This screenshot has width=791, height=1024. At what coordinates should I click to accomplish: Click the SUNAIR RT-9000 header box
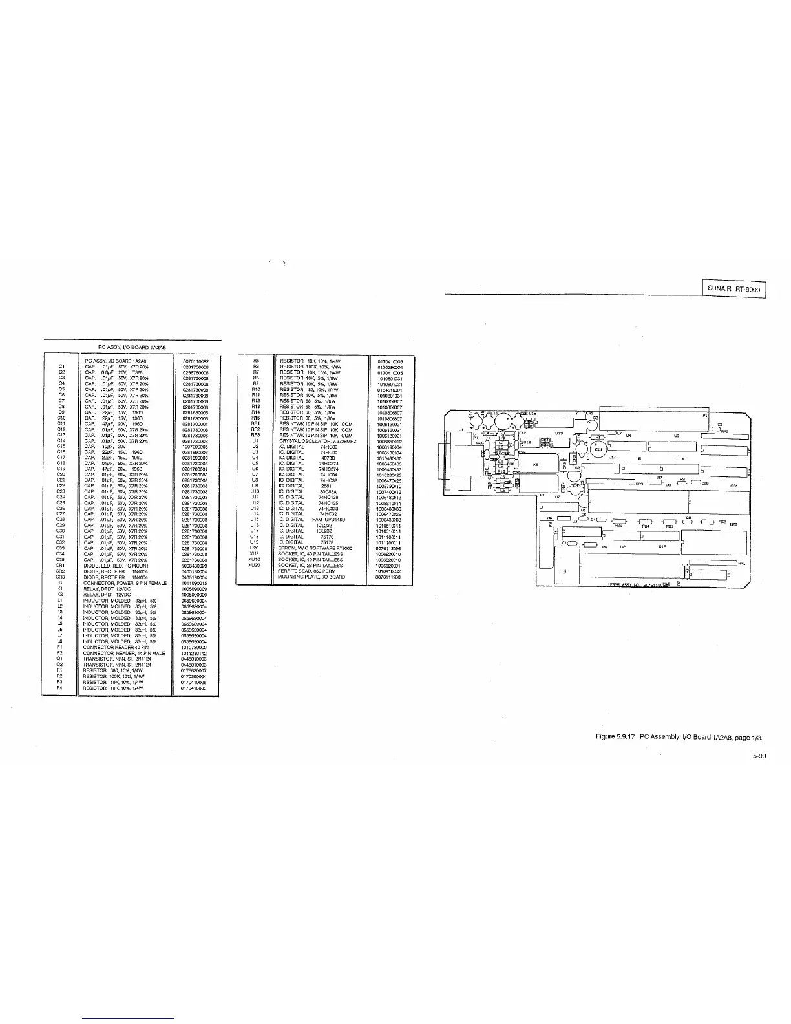coord(733,288)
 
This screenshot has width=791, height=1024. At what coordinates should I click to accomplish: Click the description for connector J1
coord(125,583)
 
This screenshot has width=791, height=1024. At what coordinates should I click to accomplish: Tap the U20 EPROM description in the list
coord(315,548)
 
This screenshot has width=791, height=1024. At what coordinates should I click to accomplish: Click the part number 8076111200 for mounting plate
coord(388,577)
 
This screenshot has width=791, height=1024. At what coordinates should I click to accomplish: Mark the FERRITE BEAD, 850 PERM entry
coord(303,571)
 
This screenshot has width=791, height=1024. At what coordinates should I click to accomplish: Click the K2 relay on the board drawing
coord(536,464)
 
